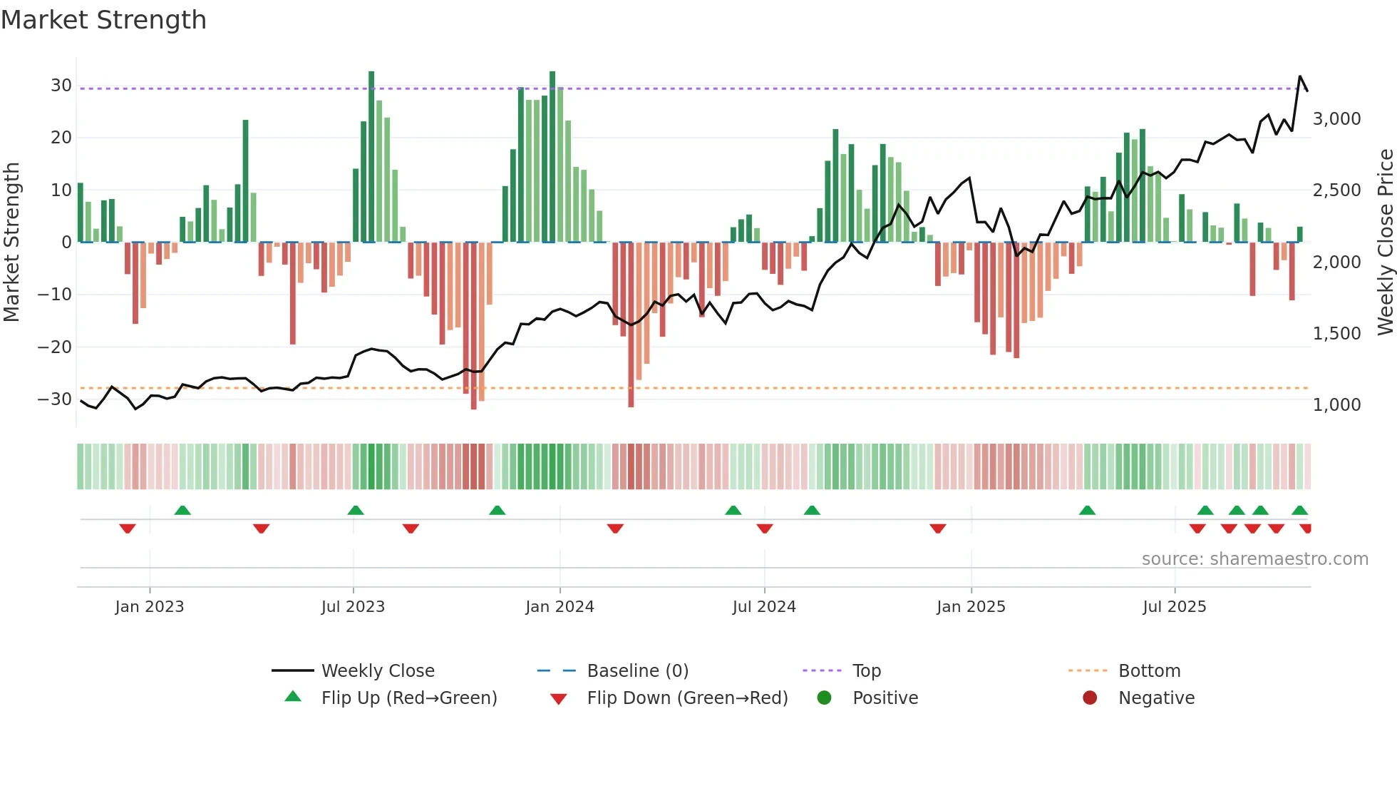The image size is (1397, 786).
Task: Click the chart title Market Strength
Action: pos(103,20)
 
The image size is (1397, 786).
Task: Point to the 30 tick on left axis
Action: pos(61,86)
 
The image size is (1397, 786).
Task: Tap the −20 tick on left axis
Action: pos(55,347)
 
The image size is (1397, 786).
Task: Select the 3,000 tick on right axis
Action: pos(1336,119)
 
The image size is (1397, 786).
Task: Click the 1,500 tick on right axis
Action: pos(1336,334)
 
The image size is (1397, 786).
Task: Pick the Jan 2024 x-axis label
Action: pos(560,607)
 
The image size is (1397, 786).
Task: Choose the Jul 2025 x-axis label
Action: pos(1174,607)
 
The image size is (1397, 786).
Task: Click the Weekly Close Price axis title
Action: pos(1385,243)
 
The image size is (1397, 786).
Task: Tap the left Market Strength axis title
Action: pos(11,243)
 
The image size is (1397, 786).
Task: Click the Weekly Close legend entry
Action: pos(377,671)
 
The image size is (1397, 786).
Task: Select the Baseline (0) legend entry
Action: pos(637,671)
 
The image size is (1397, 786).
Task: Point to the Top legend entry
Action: pos(866,671)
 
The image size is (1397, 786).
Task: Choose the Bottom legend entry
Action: pos(1149,671)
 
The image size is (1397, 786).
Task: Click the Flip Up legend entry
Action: pos(408,698)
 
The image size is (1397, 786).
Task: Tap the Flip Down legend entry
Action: pos(686,698)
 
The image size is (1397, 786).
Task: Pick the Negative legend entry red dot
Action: pos(1090,698)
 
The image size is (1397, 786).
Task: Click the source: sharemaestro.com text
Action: pos(1254,559)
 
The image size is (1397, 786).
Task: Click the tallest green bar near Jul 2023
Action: pos(371,157)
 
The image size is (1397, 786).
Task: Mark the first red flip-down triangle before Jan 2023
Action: pos(128,529)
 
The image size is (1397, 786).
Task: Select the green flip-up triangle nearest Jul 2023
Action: pos(356,510)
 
